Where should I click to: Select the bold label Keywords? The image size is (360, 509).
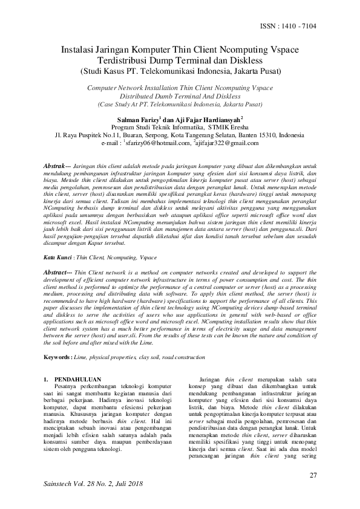pyautogui.click(x=59, y=341)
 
